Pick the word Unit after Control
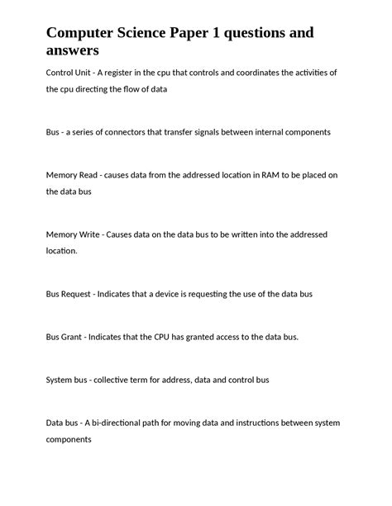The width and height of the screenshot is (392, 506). (x=76, y=73)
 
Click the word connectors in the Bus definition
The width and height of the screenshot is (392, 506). (x=130, y=132)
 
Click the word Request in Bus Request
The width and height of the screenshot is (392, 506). (x=78, y=294)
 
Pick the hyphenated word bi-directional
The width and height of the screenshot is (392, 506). (x=122, y=423)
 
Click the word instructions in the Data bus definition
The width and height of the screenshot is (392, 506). (x=261, y=423)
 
